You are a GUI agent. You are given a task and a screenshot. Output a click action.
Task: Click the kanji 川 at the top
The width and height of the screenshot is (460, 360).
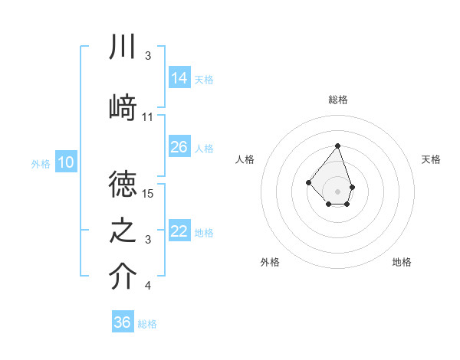(x=123, y=47)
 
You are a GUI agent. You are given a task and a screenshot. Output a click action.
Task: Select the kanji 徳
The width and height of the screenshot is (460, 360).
(x=123, y=184)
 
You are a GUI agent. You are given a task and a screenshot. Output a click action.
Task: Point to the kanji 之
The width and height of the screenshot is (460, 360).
(x=123, y=231)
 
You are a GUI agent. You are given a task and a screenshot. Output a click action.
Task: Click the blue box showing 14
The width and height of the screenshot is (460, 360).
(x=179, y=77)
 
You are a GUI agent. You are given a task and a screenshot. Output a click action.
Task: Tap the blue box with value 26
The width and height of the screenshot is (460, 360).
(x=179, y=147)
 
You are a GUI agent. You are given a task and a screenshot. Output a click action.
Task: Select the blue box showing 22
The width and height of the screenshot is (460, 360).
(x=179, y=231)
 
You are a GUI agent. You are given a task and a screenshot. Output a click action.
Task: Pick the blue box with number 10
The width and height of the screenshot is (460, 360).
(x=66, y=162)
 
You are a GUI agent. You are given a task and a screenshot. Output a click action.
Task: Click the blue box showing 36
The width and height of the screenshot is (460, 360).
(x=123, y=322)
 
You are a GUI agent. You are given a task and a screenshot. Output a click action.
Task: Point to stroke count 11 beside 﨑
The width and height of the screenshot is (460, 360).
(x=148, y=117)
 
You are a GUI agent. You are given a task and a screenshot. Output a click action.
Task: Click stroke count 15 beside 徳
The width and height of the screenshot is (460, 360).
(x=149, y=194)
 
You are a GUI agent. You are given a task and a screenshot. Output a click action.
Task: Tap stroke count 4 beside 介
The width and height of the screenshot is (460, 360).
(x=147, y=286)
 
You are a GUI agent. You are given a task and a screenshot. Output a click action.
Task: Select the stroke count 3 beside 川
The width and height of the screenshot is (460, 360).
(x=147, y=56)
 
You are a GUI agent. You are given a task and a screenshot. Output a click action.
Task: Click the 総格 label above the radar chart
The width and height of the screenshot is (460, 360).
(x=337, y=100)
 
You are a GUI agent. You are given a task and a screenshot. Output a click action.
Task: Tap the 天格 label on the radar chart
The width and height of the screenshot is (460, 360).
(x=431, y=159)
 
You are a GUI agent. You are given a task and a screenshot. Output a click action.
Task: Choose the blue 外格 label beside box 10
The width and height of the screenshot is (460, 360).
(x=40, y=163)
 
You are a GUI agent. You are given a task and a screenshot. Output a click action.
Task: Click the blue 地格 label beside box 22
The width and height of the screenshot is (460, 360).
(x=204, y=232)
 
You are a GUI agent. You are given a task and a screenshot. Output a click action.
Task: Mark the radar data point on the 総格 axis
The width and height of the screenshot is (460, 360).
(x=337, y=146)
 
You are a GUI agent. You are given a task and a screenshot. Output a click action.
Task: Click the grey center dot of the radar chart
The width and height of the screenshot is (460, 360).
(x=337, y=191)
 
